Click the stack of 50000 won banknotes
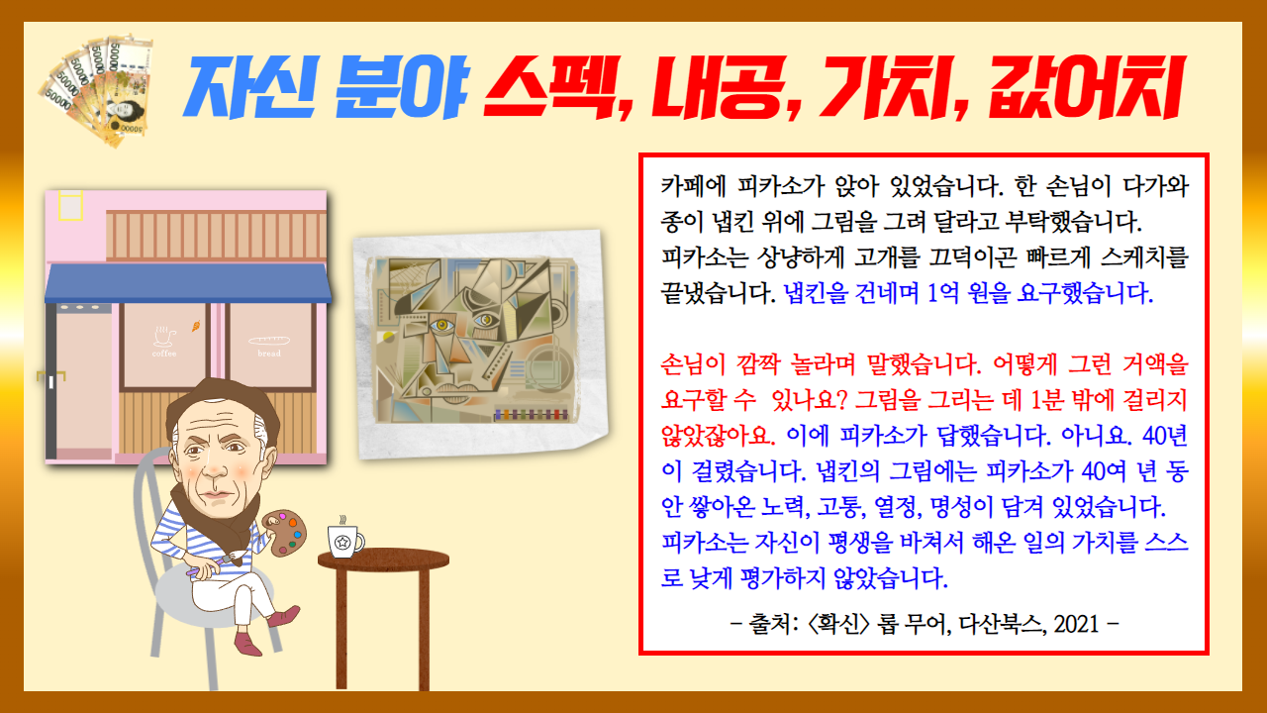click(x=96, y=89)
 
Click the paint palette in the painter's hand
click(x=285, y=533)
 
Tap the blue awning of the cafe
click(x=188, y=283)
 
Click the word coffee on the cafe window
click(x=164, y=354)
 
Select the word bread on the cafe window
click(x=269, y=354)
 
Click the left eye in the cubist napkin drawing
click(x=441, y=326)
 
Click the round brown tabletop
click(x=383, y=560)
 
